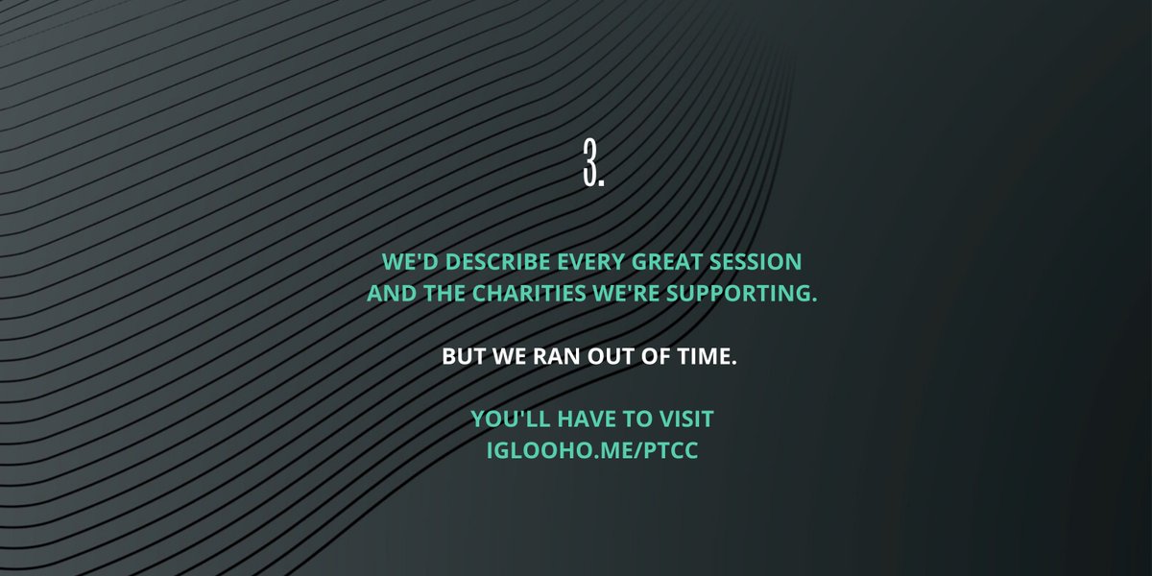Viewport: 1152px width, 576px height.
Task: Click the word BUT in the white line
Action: tap(464, 356)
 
